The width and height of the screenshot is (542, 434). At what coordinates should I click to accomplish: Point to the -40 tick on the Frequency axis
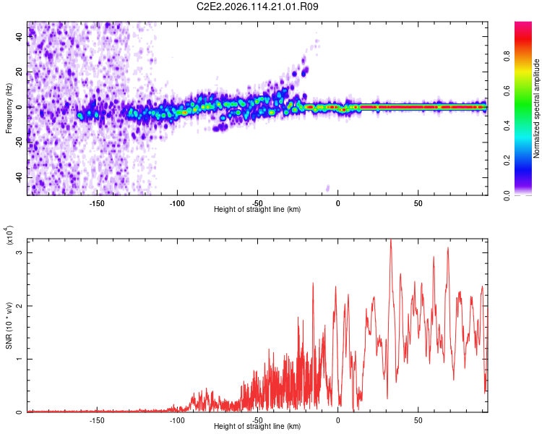[x=20, y=177]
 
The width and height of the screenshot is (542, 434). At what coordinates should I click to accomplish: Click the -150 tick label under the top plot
[x=97, y=203]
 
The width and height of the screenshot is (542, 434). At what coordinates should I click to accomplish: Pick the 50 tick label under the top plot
[x=418, y=203]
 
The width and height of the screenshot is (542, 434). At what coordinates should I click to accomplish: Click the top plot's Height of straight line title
[x=257, y=210]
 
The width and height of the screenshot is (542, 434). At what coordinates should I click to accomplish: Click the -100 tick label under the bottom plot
[x=177, y=420]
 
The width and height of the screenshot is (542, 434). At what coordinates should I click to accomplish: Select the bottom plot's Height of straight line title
[x=257, y=427]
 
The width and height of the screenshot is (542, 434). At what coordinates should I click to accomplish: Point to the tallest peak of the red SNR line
[x=391, y=240]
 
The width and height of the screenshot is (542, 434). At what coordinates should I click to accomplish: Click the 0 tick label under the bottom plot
[x=337, y=420]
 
